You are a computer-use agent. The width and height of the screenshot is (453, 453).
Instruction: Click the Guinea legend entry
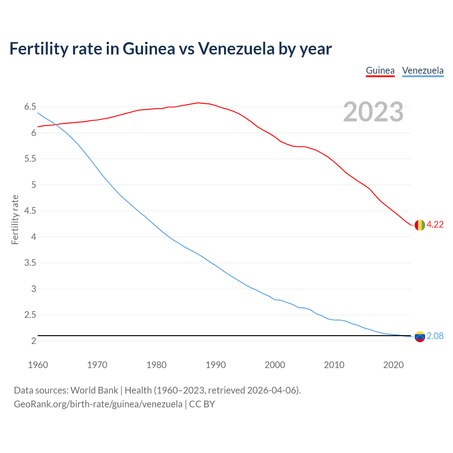coord(380,70)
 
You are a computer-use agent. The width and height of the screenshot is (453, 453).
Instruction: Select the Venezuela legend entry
coord(423,70)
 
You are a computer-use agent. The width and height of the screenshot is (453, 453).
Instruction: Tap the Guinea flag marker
coord(420,225)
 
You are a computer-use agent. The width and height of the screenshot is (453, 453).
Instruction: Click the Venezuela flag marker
coord(420,337)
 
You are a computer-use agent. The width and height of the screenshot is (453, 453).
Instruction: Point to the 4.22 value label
coord(435,225)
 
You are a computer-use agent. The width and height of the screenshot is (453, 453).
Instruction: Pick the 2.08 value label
coord(435,336)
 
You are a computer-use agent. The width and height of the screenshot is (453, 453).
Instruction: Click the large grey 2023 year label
coord(373,112)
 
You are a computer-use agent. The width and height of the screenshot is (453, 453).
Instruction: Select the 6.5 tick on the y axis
coord(30,107)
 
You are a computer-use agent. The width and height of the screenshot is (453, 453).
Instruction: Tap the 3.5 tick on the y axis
coord(30,263)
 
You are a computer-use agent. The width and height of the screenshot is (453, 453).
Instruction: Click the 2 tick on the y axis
coord(34,341)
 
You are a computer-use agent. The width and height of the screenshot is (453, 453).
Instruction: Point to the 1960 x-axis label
coord(38,365)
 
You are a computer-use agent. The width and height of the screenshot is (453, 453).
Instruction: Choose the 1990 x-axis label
coord(216,365)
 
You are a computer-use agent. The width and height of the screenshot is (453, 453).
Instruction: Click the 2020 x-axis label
coord(393,365)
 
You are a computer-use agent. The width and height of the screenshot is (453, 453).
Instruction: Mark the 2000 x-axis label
coord(275,365)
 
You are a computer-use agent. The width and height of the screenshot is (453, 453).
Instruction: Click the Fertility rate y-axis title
coord(15,219)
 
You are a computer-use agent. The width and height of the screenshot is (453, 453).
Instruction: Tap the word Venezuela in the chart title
coord(236,48)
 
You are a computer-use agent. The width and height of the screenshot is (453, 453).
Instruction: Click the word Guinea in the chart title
coord(149,48)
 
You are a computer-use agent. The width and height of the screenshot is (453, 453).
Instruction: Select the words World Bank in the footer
coord(94,390)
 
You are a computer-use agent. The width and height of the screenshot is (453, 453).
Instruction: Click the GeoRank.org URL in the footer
coord(98,404)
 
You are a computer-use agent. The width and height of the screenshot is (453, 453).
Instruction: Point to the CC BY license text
coord(202,404)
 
